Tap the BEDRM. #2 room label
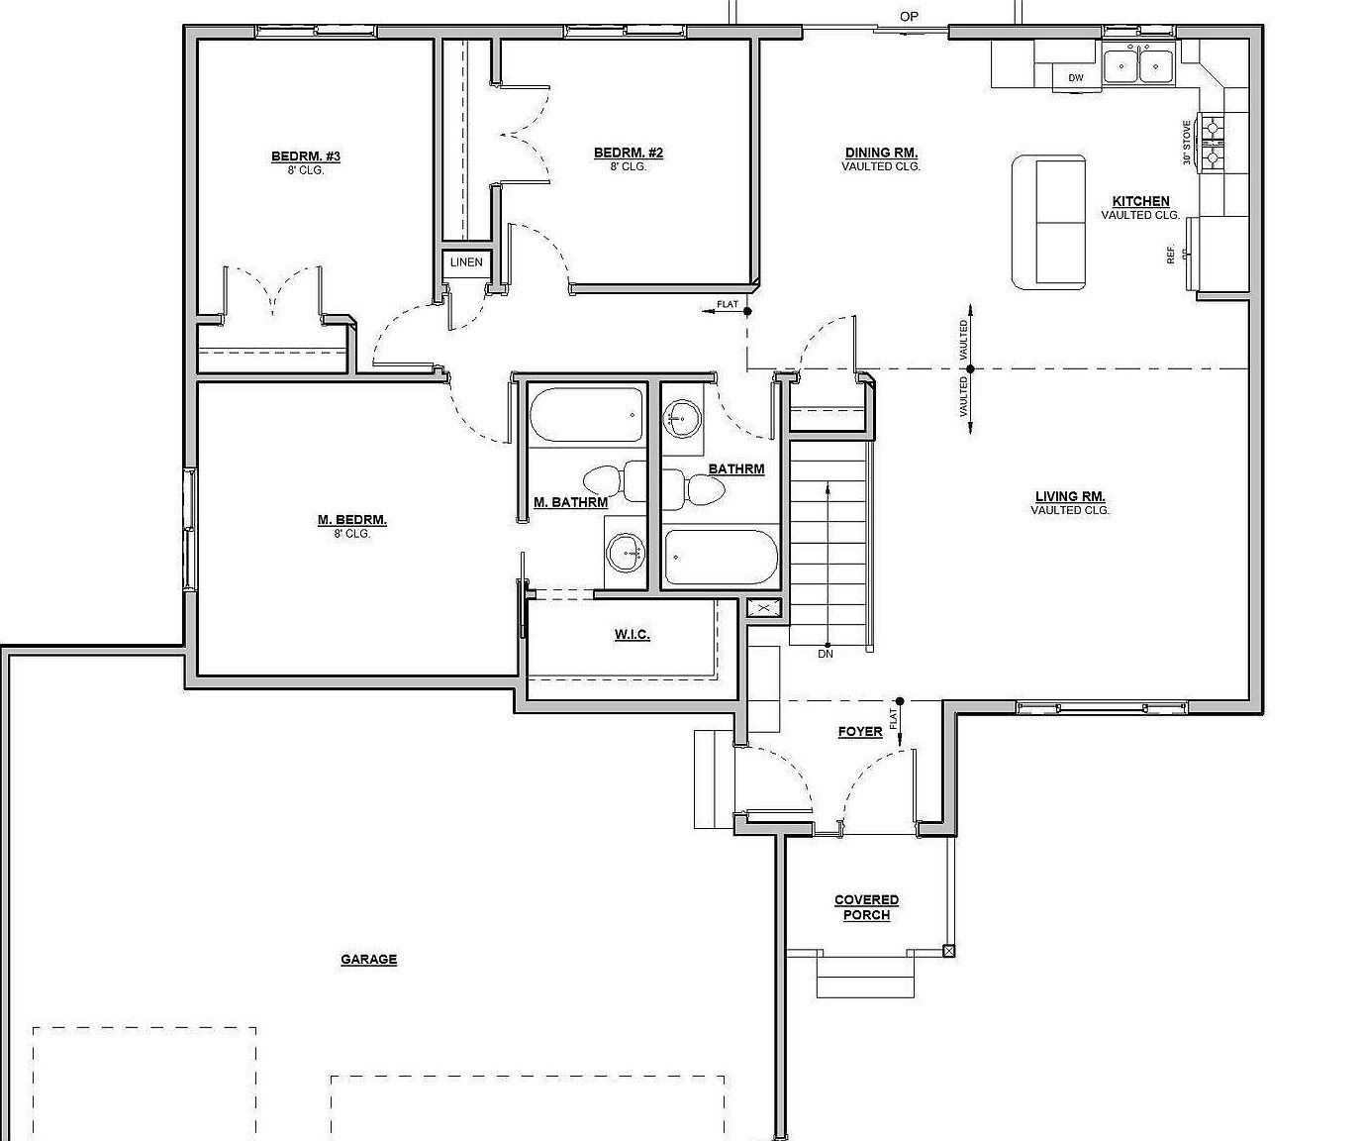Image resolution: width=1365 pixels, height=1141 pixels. [x=628, y=153]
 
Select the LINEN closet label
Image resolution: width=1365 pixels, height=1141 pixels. [x=466, y=262]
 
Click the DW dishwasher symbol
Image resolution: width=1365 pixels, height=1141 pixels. [x=1076, y=77]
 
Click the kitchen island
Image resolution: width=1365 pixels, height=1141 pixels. [x=1048, y=222]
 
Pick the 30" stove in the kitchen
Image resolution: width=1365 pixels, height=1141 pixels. [x=1212, y=142]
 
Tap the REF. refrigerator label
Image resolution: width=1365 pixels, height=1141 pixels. [x=1171, y=254]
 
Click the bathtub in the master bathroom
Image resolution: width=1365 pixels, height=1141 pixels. [x=587, y=415]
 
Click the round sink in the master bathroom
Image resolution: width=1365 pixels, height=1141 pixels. [x=625, y=553]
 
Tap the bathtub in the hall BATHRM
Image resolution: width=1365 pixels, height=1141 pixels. [x=721, y=558]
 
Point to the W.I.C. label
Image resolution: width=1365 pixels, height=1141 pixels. [x=632, y=634]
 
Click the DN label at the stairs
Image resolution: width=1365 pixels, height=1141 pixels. [x=826, y=654]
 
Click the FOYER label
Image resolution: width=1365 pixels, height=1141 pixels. [x=859, y=732]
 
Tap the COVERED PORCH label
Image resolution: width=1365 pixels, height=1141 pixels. [x=866, y=907]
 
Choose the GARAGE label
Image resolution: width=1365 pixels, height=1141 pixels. [x=368, y=959]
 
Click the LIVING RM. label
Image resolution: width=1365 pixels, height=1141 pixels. [x=1070, y=497]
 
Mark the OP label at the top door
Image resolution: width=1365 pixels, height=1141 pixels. [x=909, y=16]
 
